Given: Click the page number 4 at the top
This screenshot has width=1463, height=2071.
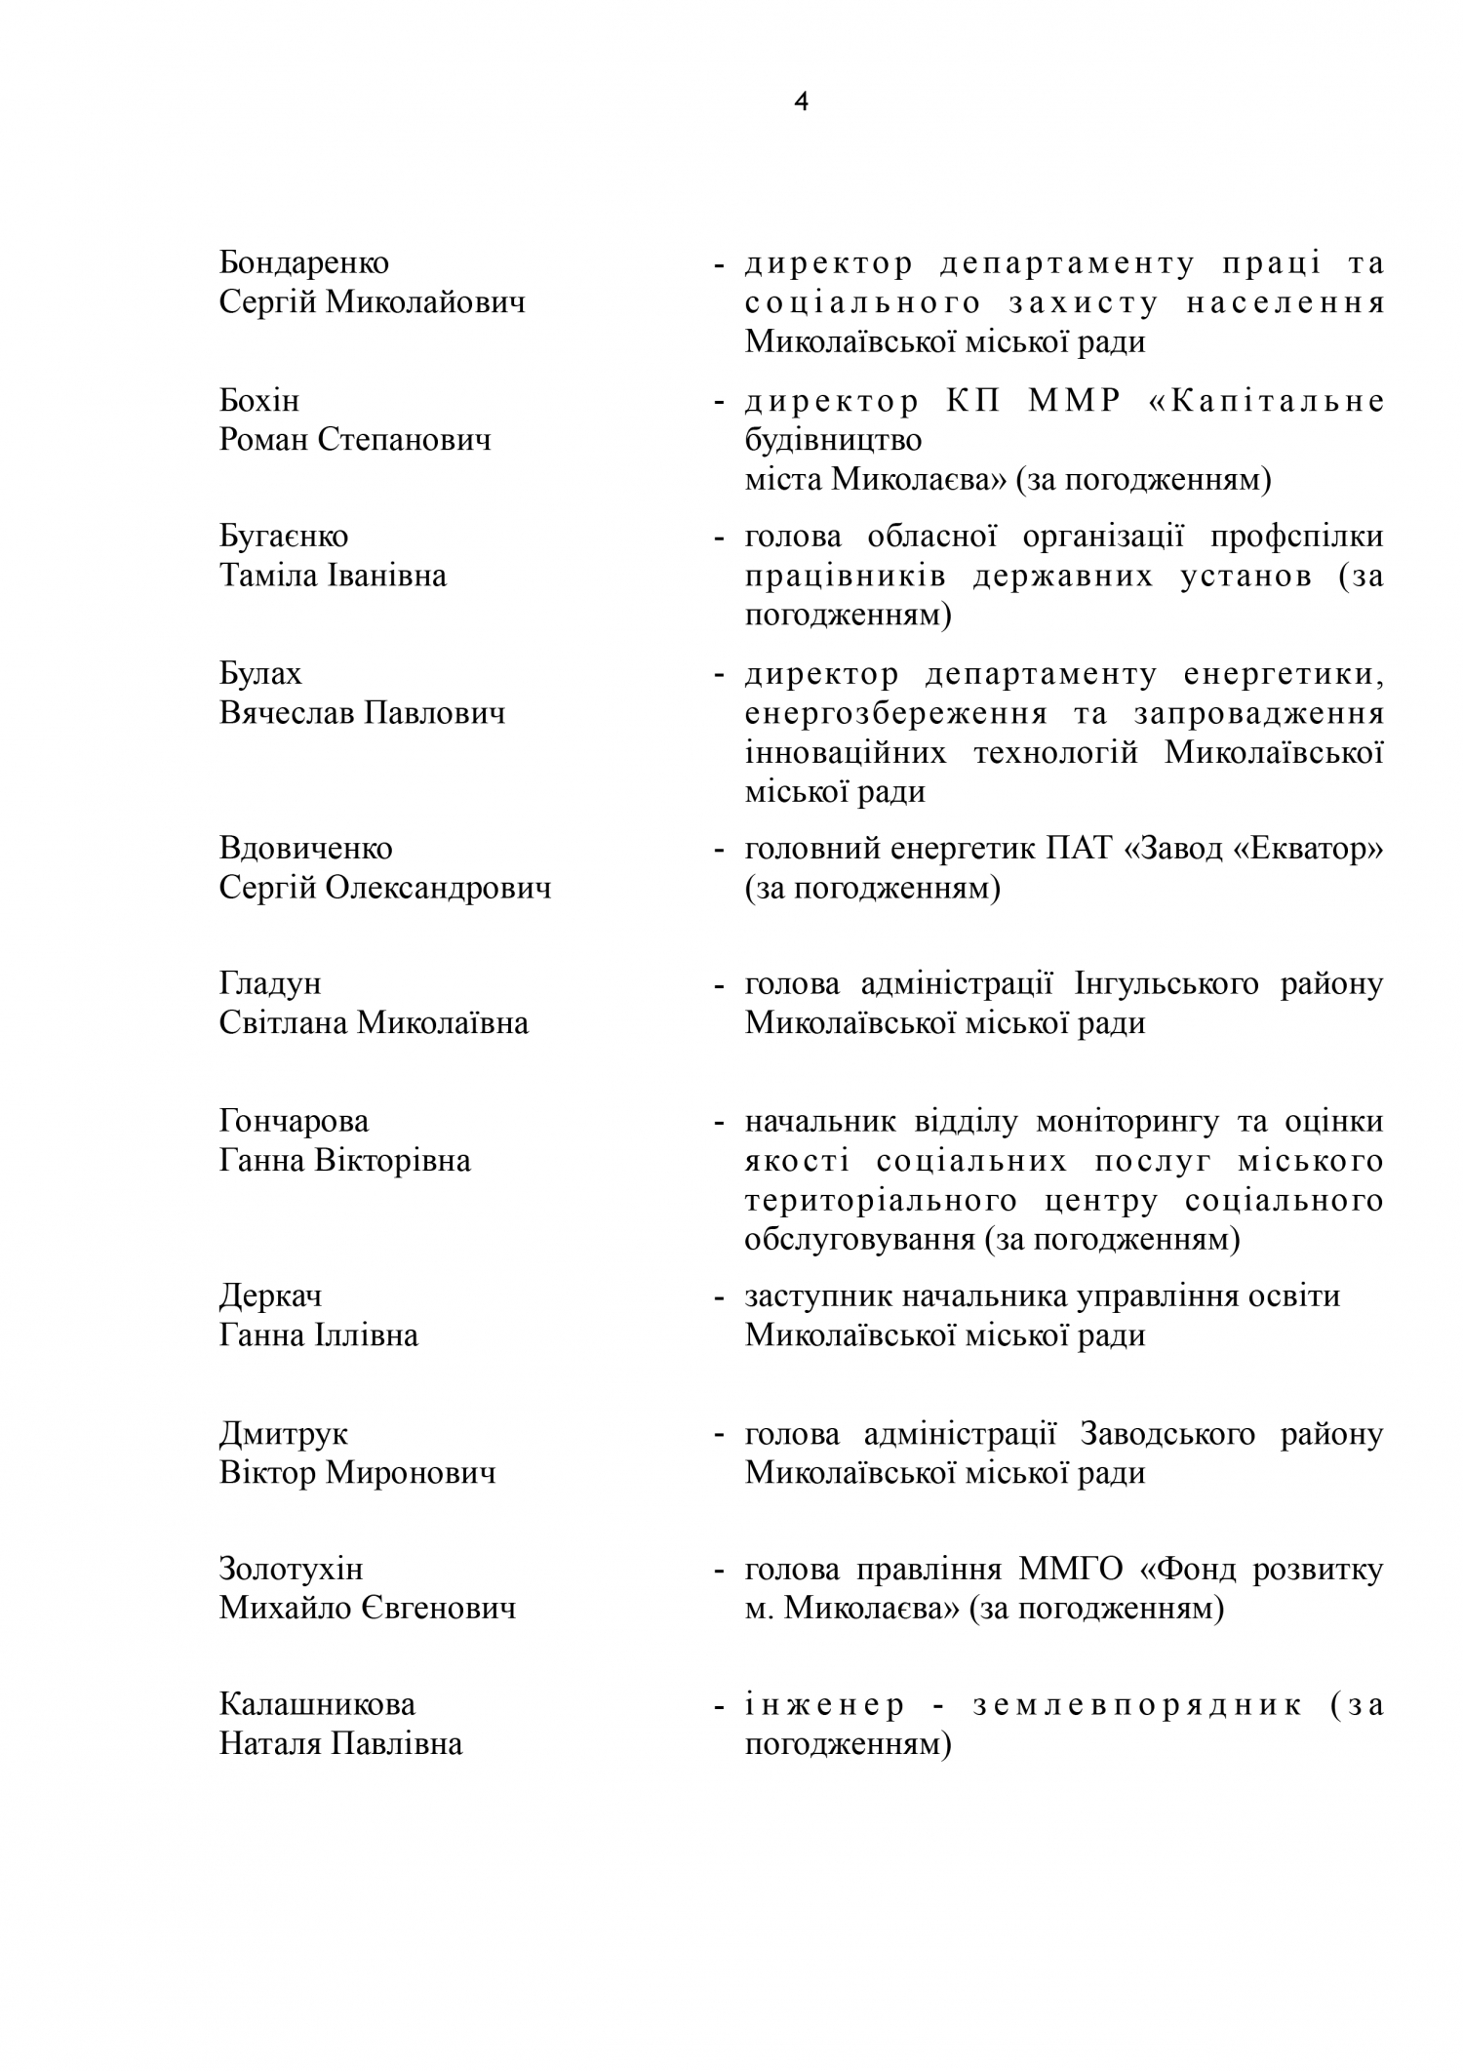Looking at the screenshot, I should (x=802, y=102).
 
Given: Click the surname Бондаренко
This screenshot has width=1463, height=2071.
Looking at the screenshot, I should (x=304, y=263).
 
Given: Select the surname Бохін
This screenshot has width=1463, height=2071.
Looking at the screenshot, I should (x=259, y=401).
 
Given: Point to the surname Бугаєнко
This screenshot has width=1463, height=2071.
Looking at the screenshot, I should (x=284, y=537).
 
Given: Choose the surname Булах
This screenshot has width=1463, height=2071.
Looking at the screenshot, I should (x=260, y=674).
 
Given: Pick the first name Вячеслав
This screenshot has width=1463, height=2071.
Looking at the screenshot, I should (x=287, y=713).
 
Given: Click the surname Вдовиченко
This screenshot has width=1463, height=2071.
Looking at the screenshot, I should (x=306, y=849).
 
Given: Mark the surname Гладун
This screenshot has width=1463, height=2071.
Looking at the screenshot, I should (x=270, y=984).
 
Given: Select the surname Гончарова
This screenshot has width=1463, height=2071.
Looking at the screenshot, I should (x=295, y=1122).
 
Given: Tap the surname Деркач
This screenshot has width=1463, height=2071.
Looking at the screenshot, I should (x=270, y=1296).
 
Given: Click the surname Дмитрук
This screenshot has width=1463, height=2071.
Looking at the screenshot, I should (x=283, y=1434).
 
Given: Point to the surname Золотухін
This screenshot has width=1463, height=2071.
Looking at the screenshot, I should (x=291, y=1570).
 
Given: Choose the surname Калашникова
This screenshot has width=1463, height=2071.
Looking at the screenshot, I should (x=317, y=1705).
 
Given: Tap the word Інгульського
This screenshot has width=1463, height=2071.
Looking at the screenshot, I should (x=1166, y=984).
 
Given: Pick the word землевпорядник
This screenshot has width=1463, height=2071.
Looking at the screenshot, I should (x=1137, y=1705).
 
